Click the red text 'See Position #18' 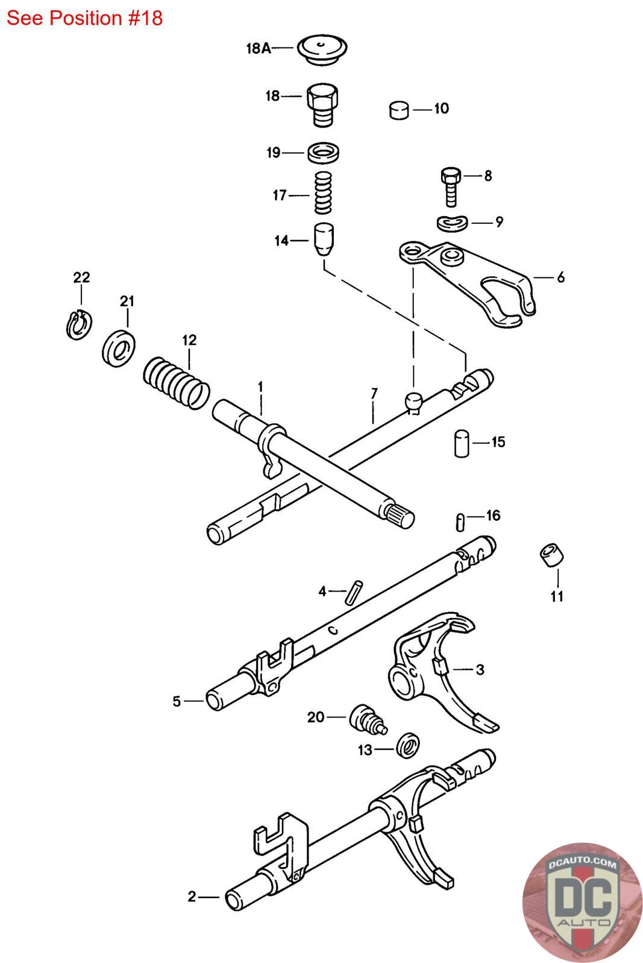tap(84, 19)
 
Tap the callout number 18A tap(259, 48)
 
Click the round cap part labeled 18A tap(322, 49)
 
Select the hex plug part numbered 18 tap(322, 105)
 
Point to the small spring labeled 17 tap(323, 193)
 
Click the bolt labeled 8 tap(451, 187)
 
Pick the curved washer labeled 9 tap(452, 223)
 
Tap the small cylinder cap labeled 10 tap(399, 110)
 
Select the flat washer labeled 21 tap(119, 348)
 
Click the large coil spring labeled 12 tap(176, 383)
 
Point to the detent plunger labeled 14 tap(324, 239)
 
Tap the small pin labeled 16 tap(460, 522)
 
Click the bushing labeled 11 tap(551, 555)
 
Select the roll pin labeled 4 tap(354, 592)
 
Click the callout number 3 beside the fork tap(480, 669)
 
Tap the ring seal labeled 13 tap(407, 746)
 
